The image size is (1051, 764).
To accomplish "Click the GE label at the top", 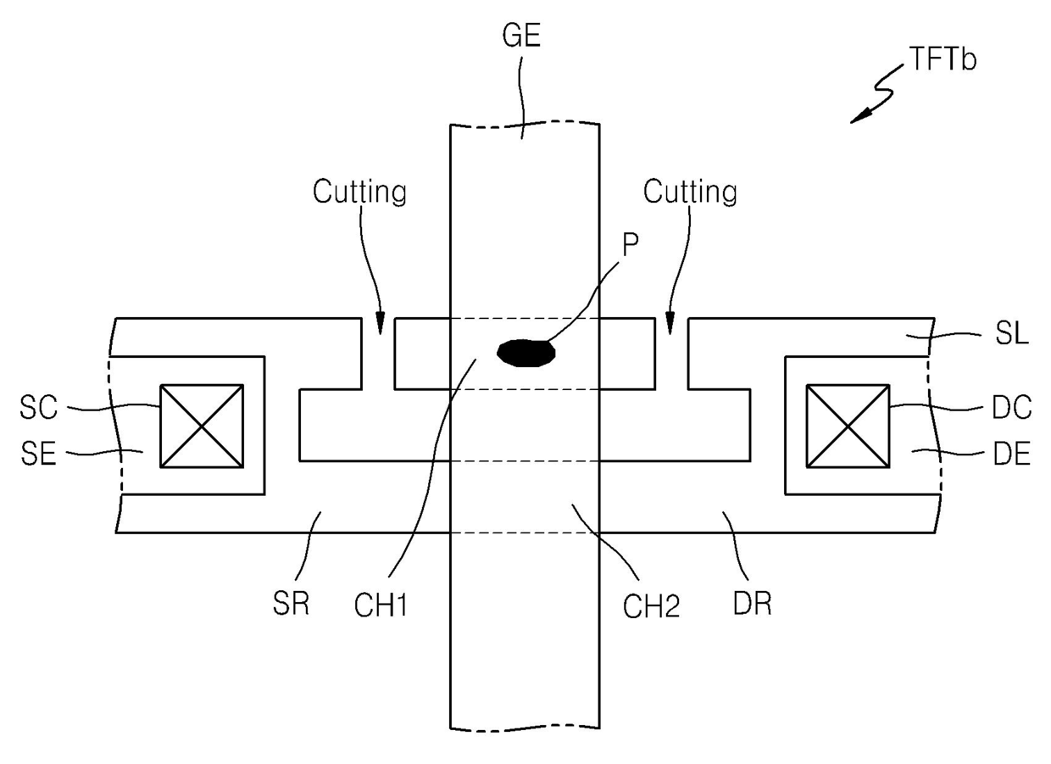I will [x=521, y=37].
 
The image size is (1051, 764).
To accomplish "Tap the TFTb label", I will [x=943, y=59].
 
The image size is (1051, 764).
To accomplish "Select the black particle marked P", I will [x=525, y=352].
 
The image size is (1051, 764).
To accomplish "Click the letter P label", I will [x=630, y=245].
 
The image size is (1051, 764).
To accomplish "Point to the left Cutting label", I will [x=359, y=192].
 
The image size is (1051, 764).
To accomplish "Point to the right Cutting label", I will [x=690, y=192].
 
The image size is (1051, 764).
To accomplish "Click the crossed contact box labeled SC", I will [x=202, y=426].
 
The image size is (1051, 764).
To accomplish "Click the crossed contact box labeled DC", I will [x=848, y=426].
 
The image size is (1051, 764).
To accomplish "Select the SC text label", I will [x=38, y=408].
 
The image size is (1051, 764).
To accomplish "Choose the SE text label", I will [x=37, y=454].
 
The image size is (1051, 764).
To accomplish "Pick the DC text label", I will [x=1010, y=408].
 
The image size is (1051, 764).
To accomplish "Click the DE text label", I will [x=1010, y=454].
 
